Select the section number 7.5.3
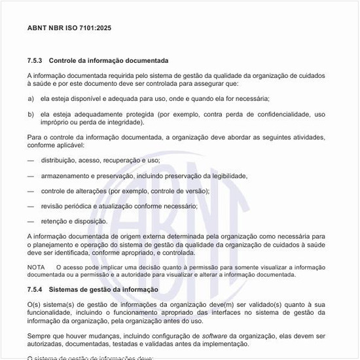point(35,60)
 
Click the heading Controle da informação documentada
point(108,60)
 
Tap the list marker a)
point(31,99)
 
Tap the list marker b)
point(31,114)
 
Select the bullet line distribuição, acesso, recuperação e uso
point(100,160)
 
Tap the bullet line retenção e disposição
point(74,221)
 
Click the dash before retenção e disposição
point(31,221)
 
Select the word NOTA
point(36,267)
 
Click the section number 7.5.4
point(35,289)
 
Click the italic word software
point(215,336)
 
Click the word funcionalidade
point(51,313)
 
